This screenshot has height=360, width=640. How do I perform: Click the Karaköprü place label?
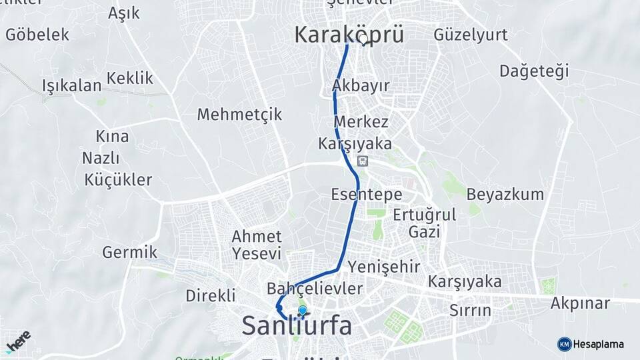coord(349,35)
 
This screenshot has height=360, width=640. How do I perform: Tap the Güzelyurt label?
coord(470,34)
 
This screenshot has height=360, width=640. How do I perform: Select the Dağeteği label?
coord(534,71)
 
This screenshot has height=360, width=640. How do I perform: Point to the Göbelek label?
coord(37,35)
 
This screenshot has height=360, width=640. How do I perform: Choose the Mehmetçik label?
coord(239,114)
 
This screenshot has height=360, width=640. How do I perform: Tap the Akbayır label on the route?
coord(360,85)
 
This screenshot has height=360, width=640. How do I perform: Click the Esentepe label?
coord(366,195)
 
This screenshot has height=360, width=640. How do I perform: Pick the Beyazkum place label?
coord(505,195)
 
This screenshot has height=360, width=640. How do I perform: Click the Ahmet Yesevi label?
coord(256,245)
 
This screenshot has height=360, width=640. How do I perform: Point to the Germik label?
coord(129,252)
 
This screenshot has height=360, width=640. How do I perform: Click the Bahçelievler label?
coord(314,289)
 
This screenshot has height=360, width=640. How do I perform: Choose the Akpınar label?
coord(580,303)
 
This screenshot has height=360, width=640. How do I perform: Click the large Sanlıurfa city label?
coord(296,325)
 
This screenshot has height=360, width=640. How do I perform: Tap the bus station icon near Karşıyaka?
coord(362,161)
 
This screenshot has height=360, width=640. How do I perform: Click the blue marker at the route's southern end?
coord(302,310)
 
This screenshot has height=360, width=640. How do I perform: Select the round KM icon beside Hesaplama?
coord(565,344)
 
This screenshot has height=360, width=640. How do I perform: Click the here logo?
coord(19,341)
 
